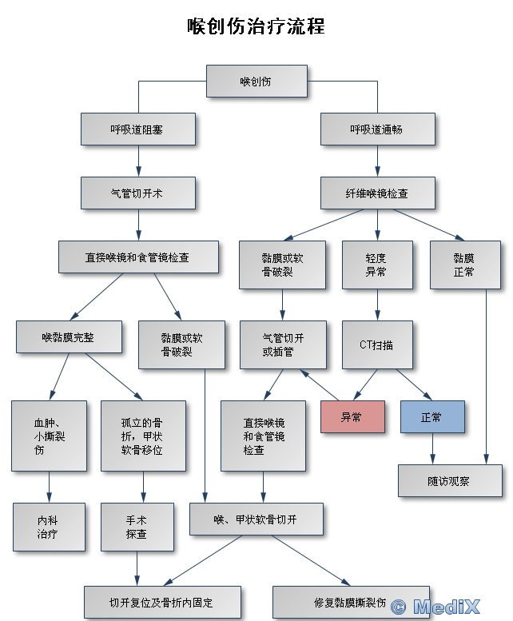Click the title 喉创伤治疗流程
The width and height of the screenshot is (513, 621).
point(256,26)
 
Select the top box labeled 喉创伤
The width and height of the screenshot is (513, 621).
point(256,82)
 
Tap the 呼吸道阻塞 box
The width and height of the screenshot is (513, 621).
point(137,129)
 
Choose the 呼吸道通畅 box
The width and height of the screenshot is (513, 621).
point(377,129)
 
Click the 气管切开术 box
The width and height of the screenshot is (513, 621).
point(137,193)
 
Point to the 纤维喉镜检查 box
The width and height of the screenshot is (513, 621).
point(377,193)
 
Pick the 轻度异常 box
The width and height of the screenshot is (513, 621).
point(377,265)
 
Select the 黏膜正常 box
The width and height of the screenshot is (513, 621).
point(464,265)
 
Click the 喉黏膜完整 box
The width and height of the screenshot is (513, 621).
point(69,336)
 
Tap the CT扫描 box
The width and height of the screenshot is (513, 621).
point(377,344)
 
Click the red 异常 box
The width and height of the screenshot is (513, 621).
point(352,416)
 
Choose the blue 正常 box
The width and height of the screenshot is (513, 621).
point(431,416)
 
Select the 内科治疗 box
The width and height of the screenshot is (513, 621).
point(49,527)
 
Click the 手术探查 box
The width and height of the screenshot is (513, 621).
point(137,527)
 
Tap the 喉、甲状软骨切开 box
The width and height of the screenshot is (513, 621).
point(256,519)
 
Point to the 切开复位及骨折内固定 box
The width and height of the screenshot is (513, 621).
point(161,601)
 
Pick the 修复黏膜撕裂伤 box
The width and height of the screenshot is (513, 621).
point(350,601)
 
